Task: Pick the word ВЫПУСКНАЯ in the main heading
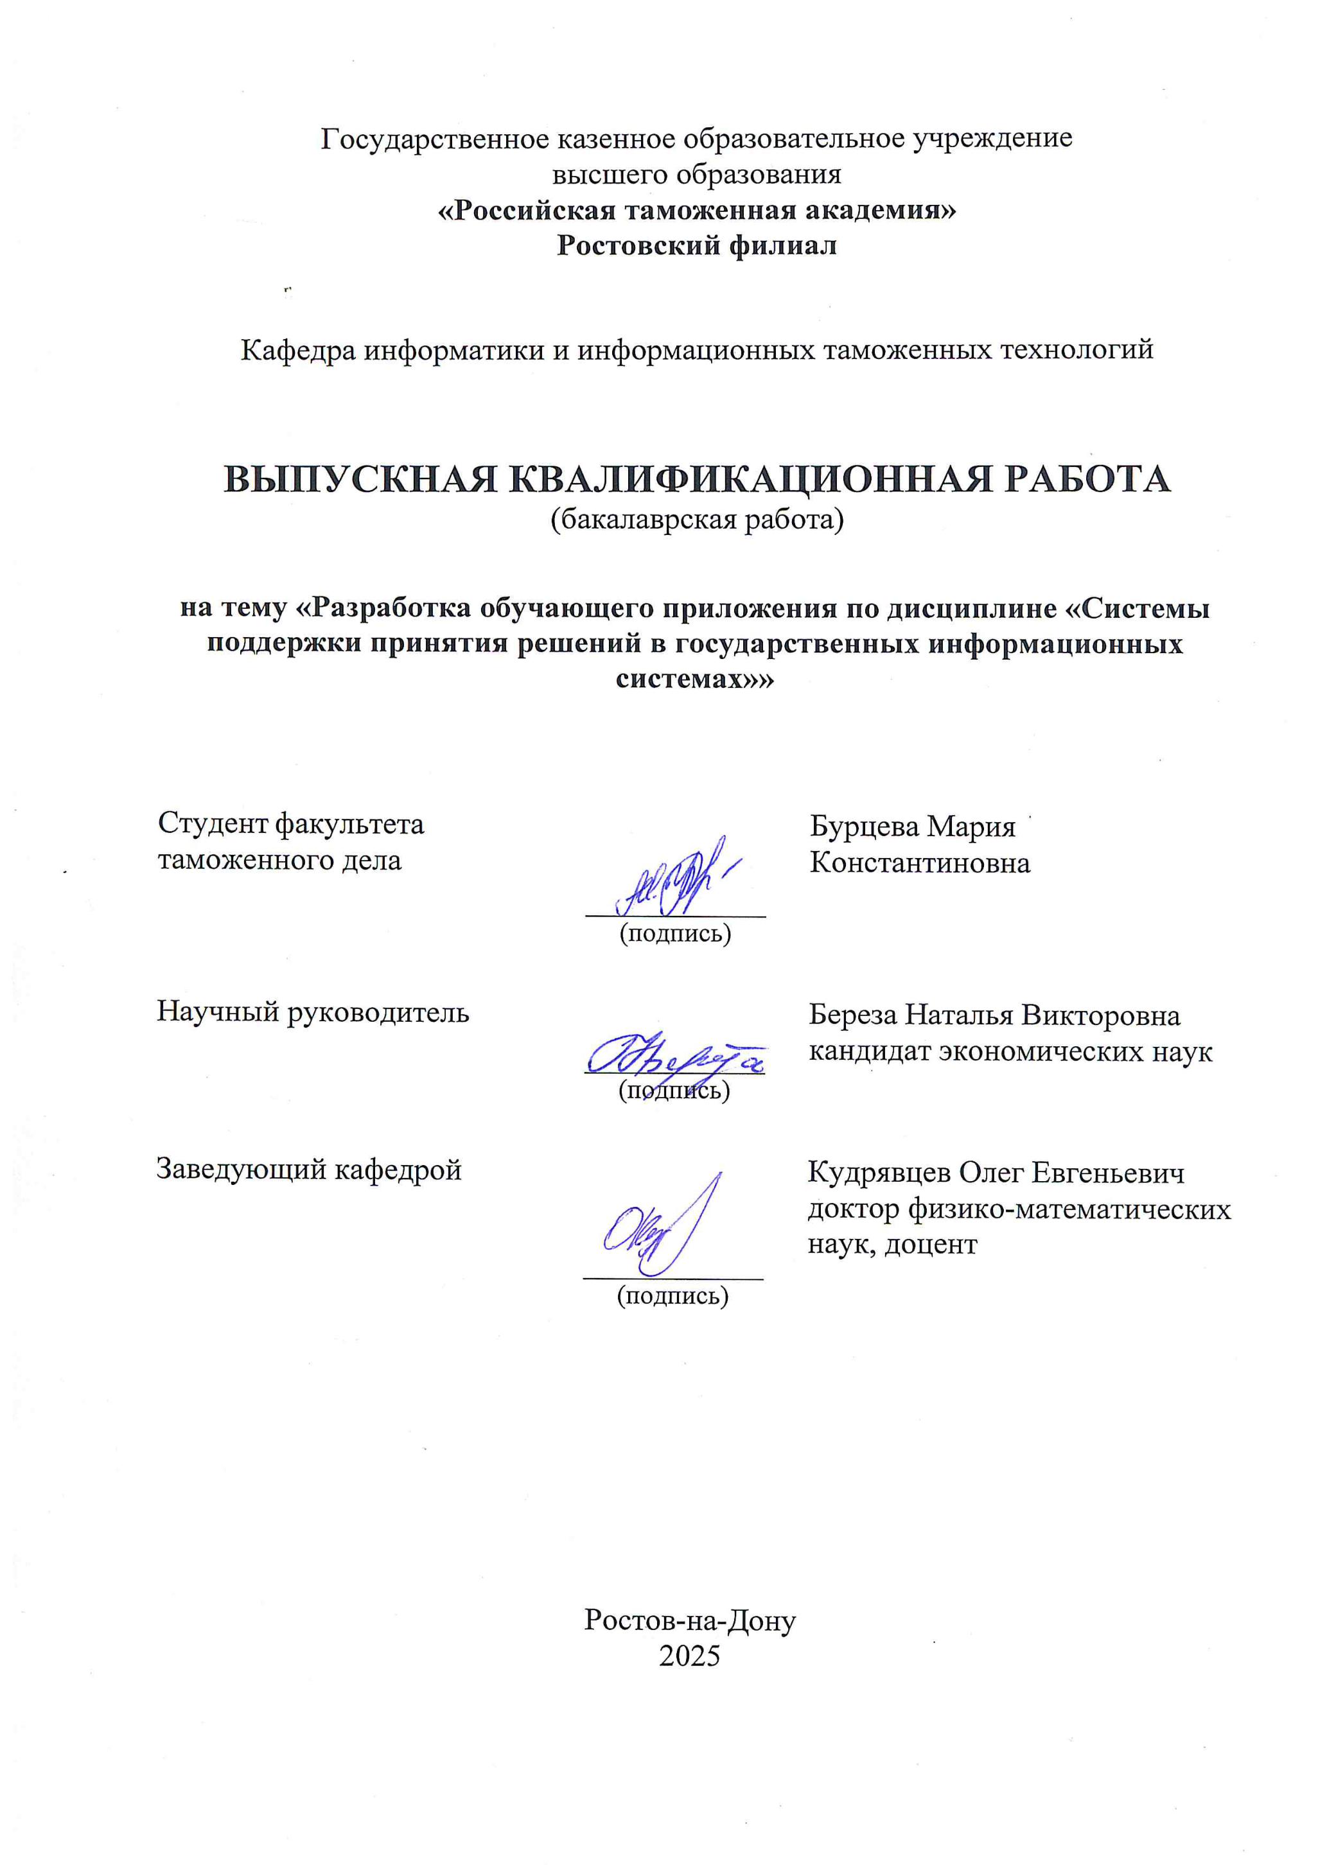pyautogui.click(x=360, y=480)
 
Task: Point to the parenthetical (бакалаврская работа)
pyautogui.click(x=696, y=520)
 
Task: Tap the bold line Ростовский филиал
pyautogui.click(x=696, y=246)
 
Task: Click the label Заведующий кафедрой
pyautogui.click(x=310, y=1170)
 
